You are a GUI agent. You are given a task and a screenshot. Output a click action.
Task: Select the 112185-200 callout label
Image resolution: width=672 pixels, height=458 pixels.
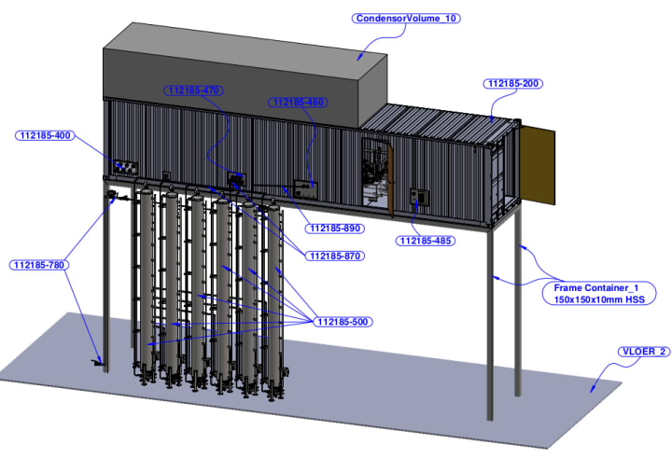click(513, 83)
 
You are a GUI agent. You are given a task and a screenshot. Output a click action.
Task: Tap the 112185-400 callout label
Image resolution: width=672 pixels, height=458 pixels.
click(45, 135)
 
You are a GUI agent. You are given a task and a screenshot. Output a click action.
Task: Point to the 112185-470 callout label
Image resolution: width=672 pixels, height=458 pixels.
click(192, 90)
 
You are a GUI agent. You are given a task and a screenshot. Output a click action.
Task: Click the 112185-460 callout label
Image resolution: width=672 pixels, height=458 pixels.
click(298, 102)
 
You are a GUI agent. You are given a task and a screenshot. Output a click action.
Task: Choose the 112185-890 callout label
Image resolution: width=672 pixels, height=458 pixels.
click(334, 228)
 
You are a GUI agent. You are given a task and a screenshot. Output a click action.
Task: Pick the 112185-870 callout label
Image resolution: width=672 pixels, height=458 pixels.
click(334, 256)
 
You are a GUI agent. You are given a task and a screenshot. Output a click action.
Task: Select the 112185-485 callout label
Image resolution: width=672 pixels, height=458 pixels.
click(426, 241)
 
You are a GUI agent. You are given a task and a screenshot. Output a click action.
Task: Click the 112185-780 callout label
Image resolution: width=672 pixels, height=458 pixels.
click(39, 265)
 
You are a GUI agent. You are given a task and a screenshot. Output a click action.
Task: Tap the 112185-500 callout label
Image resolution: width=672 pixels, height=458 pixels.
click(343, 322)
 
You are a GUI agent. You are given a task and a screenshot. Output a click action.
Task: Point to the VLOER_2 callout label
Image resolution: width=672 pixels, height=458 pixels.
click(642, 352)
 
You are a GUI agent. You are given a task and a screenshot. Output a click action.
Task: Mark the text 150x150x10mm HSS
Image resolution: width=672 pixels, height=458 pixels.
click(595, 299)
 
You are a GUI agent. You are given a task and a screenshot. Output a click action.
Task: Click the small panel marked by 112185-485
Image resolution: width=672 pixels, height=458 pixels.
click(418, 197)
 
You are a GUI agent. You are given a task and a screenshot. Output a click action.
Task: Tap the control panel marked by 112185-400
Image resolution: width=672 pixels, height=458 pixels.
click(123, 167)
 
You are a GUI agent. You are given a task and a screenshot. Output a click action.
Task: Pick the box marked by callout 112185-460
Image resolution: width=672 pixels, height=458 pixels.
click(304, 187)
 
